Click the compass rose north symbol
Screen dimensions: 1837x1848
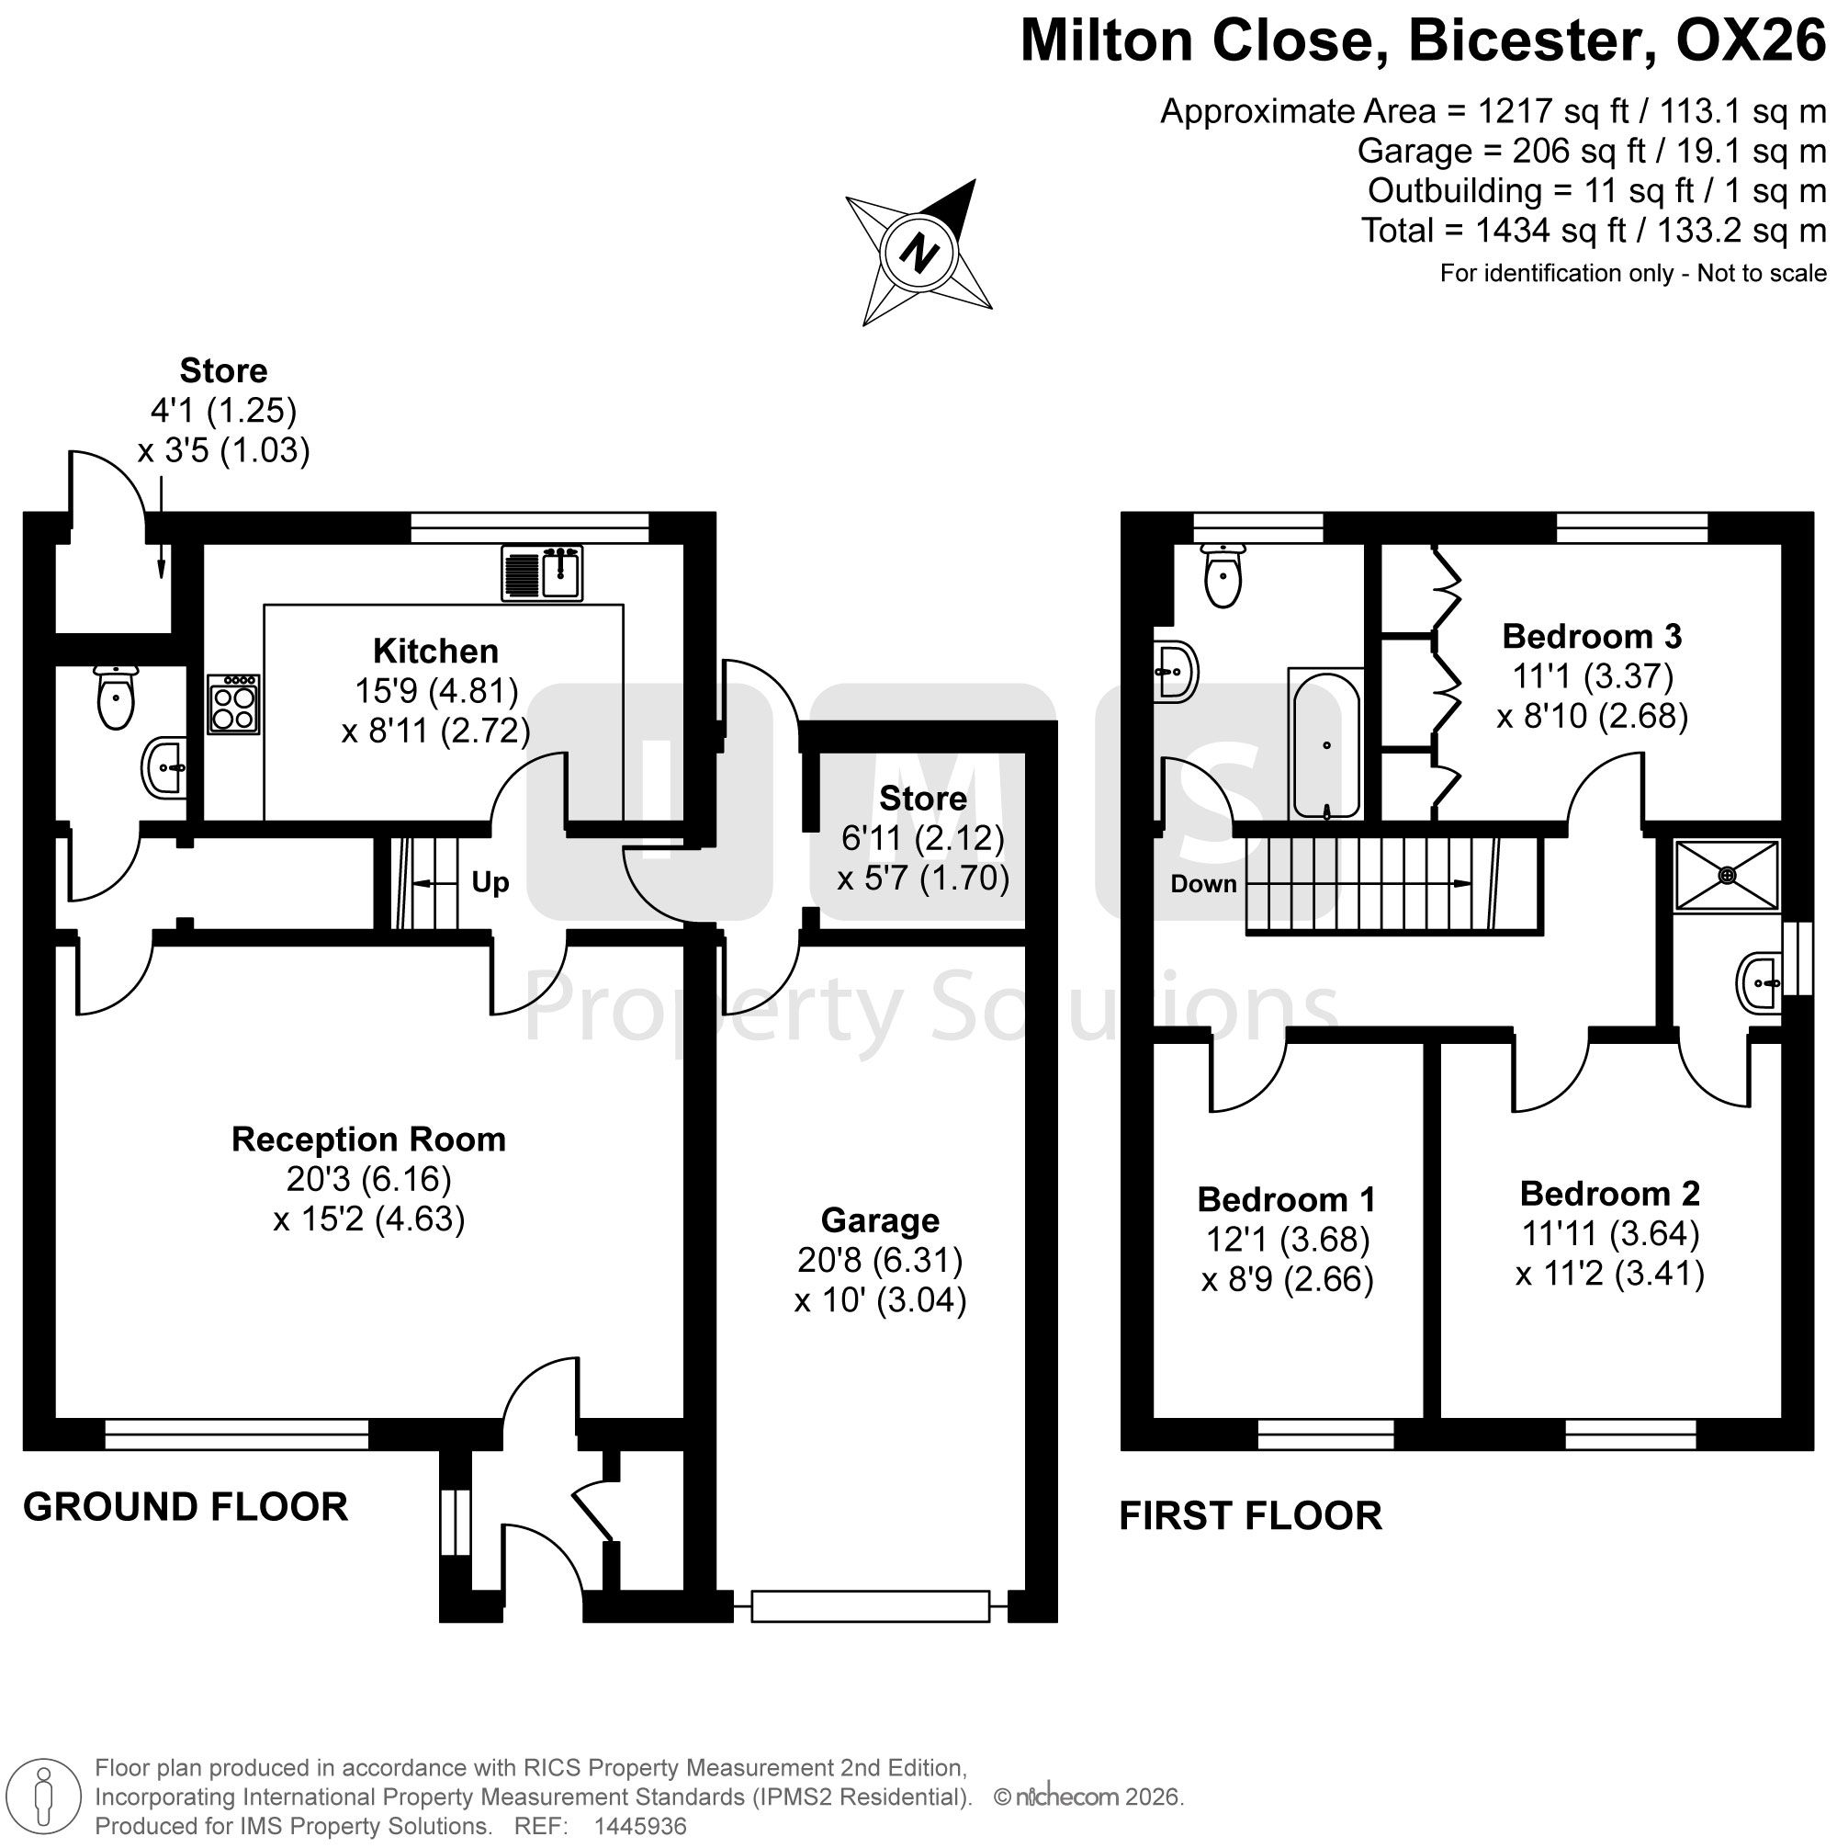click(x=920, y=254)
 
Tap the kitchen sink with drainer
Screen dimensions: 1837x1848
click(x=542, y=573)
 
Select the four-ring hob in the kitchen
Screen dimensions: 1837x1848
click(x=233, y=705)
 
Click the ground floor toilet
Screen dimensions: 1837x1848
click(x=117, y=697)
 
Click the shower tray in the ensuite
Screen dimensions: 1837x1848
click(x=1726, y=874)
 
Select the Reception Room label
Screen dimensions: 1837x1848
click(x=368, y=1139)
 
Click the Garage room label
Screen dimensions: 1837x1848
click(x=880, y=1219)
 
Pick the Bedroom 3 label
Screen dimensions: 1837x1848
click(x=1592, y=635)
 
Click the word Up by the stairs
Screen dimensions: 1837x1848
click(x=490, y=882)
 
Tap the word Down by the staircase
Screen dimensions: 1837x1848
click(x=1203, y=883)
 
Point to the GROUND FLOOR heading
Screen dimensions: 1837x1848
click(x=186, y=1506)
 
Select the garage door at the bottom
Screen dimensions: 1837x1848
click(x=870, y=1606)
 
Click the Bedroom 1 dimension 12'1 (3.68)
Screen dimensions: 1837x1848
click(x=1287, y=1239)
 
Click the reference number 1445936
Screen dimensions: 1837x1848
click(x=640, y=1826)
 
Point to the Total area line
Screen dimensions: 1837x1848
click(x=1594, y=231)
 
